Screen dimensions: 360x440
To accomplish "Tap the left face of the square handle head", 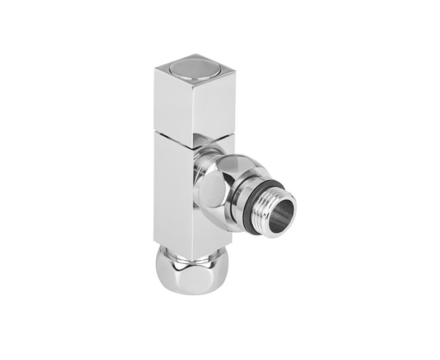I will [170, 104].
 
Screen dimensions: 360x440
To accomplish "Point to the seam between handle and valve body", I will [180, 138].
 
